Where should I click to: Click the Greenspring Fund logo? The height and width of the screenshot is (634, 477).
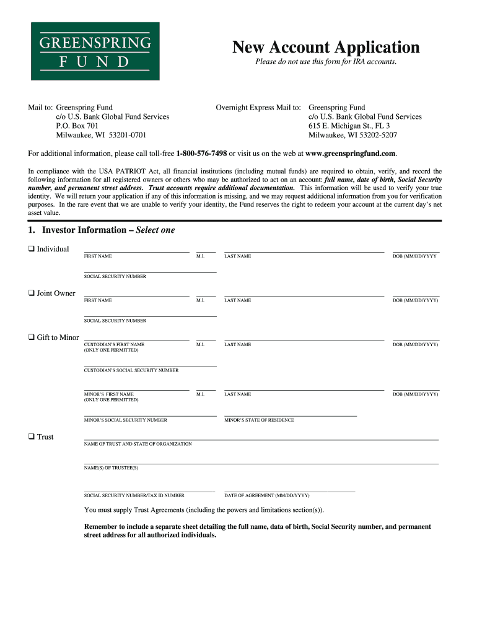(95, 51)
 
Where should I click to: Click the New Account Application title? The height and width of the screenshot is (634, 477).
(326, 47)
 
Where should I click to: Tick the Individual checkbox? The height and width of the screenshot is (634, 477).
(31, 249)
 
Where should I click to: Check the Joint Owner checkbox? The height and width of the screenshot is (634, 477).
(31, 293)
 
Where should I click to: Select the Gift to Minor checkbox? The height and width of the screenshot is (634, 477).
(31, 337)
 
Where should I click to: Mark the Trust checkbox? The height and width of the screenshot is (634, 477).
(31, 436)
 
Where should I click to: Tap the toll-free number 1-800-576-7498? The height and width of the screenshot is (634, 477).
(201, 154)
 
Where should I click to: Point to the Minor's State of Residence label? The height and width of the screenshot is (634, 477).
(259, 420)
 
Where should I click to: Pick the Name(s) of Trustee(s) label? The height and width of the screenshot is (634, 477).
(111, 468)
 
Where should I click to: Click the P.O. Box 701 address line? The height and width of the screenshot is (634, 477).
(77, 126)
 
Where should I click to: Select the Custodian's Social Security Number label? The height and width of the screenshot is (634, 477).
(131, 370)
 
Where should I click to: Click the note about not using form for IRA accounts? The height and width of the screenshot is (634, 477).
(326, 62)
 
